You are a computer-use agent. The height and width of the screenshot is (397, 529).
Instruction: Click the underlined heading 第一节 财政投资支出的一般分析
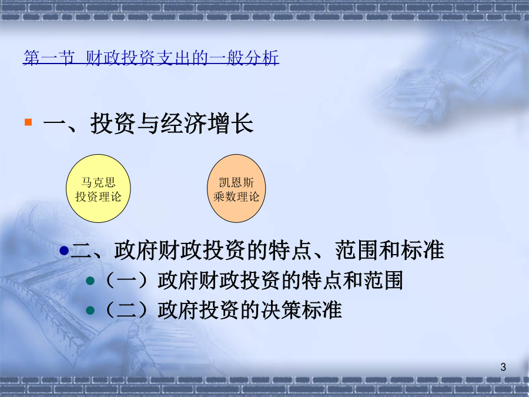(151, 58)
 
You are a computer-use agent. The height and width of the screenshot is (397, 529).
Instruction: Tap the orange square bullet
(28, 122)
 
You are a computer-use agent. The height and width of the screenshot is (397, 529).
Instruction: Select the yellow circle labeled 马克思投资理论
(98, 188)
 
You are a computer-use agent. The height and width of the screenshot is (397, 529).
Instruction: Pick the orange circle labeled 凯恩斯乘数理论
(236, 188)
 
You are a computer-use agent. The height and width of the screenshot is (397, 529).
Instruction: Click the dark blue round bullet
(64, 251)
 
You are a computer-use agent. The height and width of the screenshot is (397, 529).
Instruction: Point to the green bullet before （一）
(90, 281)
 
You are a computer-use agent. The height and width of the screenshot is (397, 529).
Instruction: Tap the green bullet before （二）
(90, 310)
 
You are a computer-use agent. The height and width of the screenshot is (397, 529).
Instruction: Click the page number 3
(503, 367)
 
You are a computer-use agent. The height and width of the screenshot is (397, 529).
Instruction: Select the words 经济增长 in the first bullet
(207, 124)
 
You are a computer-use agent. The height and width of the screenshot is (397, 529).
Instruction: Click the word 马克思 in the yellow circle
(98, 182)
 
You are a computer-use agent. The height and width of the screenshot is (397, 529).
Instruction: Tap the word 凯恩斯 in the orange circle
(236, 182)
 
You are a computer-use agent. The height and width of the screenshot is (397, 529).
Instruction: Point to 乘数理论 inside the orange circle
(236, 196)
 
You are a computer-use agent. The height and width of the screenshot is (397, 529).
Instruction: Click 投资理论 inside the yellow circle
(98, 196)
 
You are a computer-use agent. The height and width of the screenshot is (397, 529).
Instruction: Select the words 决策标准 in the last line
(292, 310)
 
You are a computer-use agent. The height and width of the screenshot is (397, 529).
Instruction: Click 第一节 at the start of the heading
(49, 58)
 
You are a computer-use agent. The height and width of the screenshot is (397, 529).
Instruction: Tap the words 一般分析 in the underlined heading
(244, 58)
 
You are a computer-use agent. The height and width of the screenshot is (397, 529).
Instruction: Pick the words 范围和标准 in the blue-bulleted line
(389, 251)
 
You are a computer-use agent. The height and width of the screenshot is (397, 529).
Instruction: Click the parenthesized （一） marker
(126, 281)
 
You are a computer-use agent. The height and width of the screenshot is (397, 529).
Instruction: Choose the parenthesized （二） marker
(126, 310)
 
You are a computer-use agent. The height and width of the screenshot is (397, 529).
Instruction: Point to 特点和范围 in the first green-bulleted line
(352, 281)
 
